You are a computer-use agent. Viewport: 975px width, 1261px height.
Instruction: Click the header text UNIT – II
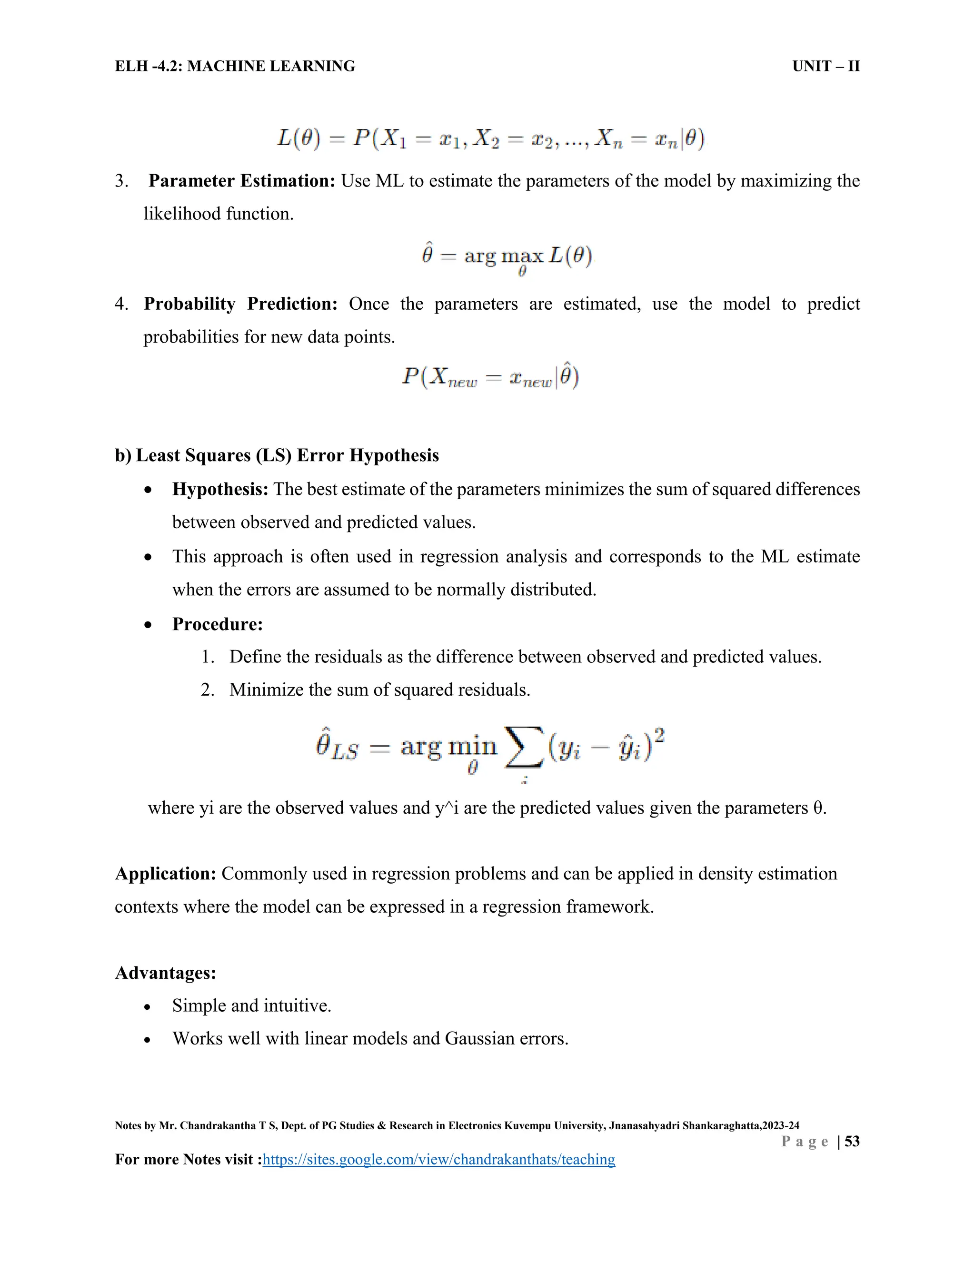826,67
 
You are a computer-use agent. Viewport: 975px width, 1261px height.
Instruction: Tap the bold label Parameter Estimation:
241,181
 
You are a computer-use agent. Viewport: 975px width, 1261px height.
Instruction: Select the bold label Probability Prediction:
240,304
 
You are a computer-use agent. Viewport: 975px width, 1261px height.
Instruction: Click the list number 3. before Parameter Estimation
121,181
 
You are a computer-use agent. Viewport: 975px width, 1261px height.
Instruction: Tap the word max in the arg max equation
522,255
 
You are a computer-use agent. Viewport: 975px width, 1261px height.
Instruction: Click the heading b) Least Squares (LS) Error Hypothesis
277,455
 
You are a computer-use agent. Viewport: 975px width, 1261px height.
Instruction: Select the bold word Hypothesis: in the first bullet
220,489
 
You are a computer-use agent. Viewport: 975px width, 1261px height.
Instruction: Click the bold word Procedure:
217,624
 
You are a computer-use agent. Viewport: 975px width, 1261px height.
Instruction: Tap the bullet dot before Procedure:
149,625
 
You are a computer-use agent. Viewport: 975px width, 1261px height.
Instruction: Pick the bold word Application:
165,874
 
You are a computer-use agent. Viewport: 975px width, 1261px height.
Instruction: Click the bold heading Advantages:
165,973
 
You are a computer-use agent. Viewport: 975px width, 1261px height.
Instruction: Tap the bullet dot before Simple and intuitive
149,1006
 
